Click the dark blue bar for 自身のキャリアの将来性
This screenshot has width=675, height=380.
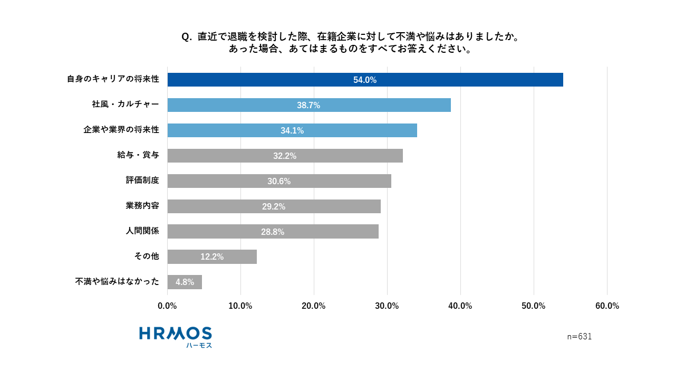365,80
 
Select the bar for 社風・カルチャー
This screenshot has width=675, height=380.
309,105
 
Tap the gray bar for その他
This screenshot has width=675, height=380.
212,257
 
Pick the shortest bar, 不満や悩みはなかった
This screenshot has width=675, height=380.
185,282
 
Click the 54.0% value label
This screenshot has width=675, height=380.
365,80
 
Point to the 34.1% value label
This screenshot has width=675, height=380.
292,131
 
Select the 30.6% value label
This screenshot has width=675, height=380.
279,182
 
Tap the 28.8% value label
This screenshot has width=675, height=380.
273,232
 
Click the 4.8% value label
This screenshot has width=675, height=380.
185,282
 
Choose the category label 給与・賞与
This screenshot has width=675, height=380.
138,155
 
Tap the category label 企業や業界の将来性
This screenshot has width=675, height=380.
121,130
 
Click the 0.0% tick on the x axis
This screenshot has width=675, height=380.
167,306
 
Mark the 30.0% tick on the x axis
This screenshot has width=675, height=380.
387,306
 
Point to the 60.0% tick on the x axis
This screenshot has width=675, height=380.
607,306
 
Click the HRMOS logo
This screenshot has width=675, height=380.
176,337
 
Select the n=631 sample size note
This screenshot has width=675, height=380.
579,337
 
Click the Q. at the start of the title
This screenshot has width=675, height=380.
187,37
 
